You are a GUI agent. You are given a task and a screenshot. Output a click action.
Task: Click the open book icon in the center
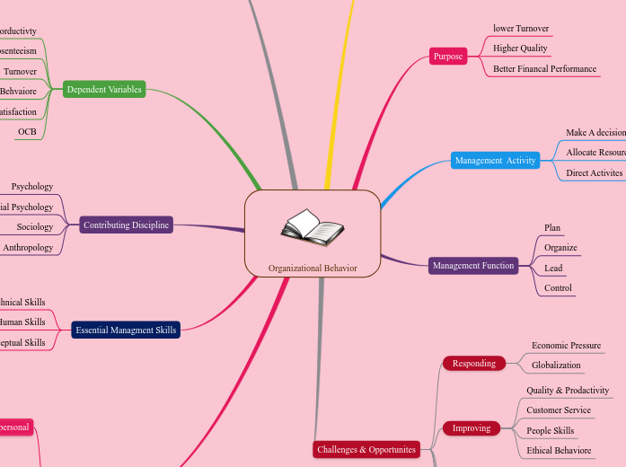coord(312,228)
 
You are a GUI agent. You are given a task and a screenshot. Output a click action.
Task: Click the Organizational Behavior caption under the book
coord(313,268)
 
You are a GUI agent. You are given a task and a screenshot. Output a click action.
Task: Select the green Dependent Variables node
coord(104,89)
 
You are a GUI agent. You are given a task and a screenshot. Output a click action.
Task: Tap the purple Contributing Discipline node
coord(126,225)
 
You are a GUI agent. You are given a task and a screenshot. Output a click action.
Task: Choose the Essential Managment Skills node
coord(126,330)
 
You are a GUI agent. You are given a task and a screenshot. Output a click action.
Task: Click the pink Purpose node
coord(448,56)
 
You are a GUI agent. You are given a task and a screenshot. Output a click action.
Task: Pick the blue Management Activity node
coord(495,161)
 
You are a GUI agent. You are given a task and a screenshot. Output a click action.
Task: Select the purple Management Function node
coord(473,265)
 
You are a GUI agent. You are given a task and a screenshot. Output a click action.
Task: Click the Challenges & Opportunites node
coord(366,449)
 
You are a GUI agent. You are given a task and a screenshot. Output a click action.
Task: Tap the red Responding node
coord(473,363)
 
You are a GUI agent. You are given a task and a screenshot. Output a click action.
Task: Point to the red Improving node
coord(472,427)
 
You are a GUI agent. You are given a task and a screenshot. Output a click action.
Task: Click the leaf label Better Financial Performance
coord(544,68)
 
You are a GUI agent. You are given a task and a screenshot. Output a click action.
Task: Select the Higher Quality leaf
coord(520,48)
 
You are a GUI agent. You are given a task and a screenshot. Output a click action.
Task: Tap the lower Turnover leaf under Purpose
coord(521,28)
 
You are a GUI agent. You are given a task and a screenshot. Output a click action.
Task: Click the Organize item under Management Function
coord(560,247)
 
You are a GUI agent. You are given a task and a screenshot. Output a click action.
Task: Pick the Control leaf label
coord(558,288)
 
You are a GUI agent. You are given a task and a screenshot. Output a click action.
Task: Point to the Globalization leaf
coord(556,366)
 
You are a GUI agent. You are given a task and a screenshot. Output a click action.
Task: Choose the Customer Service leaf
coord(559,410)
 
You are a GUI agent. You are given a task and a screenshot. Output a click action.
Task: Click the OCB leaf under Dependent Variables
coord(27,132)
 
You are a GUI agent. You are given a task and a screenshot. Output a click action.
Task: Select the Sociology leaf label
coord(35,227)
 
